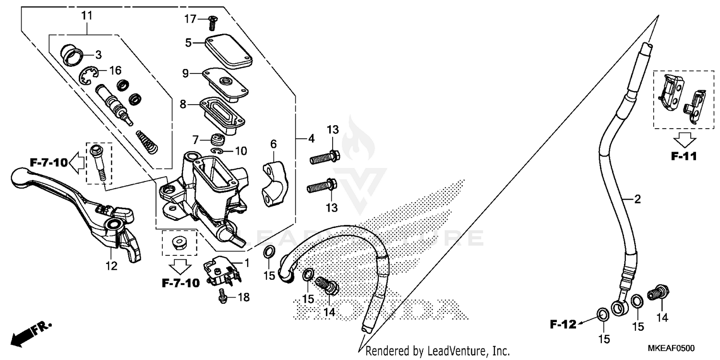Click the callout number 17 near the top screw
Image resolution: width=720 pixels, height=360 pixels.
[191, 19]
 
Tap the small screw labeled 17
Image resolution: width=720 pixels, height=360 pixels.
[212, 22]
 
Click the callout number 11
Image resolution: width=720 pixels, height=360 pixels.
[86, 15]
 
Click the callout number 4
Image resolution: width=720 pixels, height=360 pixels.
[311, 139]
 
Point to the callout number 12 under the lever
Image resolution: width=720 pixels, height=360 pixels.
[111, 266]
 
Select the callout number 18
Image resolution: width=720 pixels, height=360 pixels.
[244, 298]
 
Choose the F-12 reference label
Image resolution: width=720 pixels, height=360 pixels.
[563, 325]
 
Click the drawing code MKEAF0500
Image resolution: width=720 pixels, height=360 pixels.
[672, 348]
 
